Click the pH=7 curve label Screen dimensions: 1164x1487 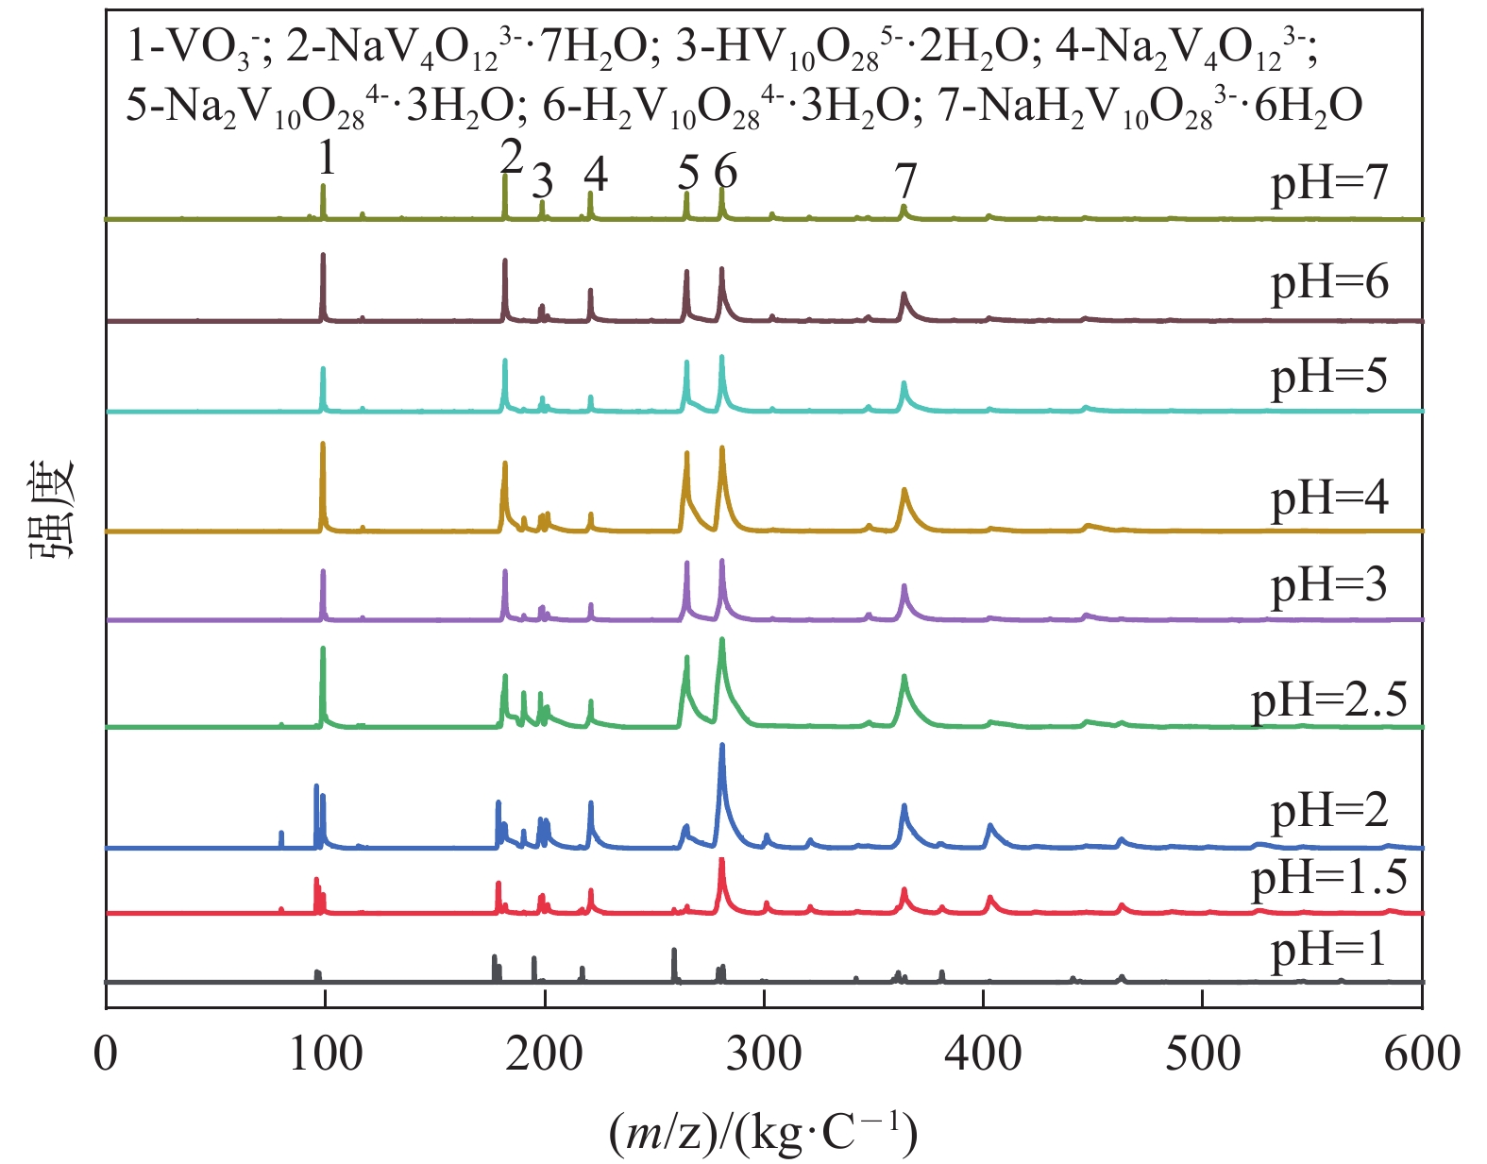click(1329, 183)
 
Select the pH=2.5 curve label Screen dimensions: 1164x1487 click(1329, 700)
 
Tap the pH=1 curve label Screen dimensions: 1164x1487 click(1329, 949)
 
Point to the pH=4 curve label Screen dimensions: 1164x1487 click(1329, 498)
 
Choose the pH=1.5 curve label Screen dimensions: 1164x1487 click(1329, 879)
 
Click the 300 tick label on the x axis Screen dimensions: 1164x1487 click(764, 1054)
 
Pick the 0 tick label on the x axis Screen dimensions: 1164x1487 click(107, 1054)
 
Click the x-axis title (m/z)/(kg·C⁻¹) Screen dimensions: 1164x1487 click(763, 1132)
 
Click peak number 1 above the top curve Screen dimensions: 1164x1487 click(326, 159)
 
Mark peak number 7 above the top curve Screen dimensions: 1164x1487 click(905, 179)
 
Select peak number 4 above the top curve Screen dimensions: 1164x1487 click(596, 173)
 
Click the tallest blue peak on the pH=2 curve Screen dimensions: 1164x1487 click(722, 746)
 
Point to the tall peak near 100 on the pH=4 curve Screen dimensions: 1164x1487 click(323, 444)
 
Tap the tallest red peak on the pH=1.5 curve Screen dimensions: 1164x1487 click(722, 860)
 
